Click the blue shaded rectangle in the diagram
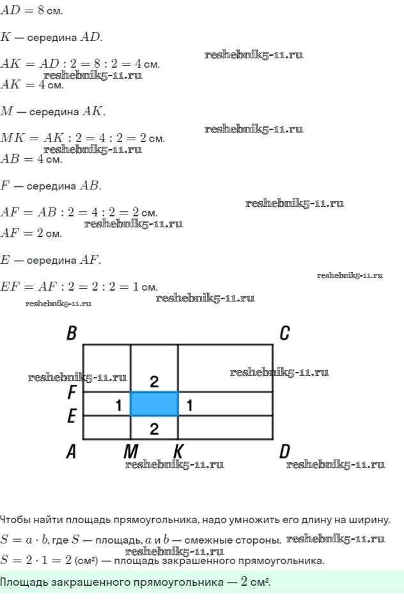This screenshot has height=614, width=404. coord(154,404)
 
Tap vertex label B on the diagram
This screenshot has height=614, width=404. coord(72,334)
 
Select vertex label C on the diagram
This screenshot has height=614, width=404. coord(285,333)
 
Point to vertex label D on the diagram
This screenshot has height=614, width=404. coord(284,453)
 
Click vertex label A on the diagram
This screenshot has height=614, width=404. coord(72,453)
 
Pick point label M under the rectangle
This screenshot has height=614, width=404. coord(131,453)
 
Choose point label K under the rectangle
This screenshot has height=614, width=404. coord(178,453)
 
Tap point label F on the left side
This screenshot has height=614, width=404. coord(72,391)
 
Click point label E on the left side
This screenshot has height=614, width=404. coord(72,417)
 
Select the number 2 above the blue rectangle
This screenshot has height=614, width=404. coord(154,382)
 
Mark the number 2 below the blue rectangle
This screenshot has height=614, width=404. coord(154,428)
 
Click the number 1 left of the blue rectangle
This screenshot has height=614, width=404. coord(118,405)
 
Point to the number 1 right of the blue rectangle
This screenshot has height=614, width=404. coord(189,405)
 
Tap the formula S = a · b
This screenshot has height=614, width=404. coord(26,539)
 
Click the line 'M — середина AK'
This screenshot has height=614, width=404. coord(53,111)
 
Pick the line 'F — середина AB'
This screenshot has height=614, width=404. coord(50,186)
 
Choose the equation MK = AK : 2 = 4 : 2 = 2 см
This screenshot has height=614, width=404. coord(82,138)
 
